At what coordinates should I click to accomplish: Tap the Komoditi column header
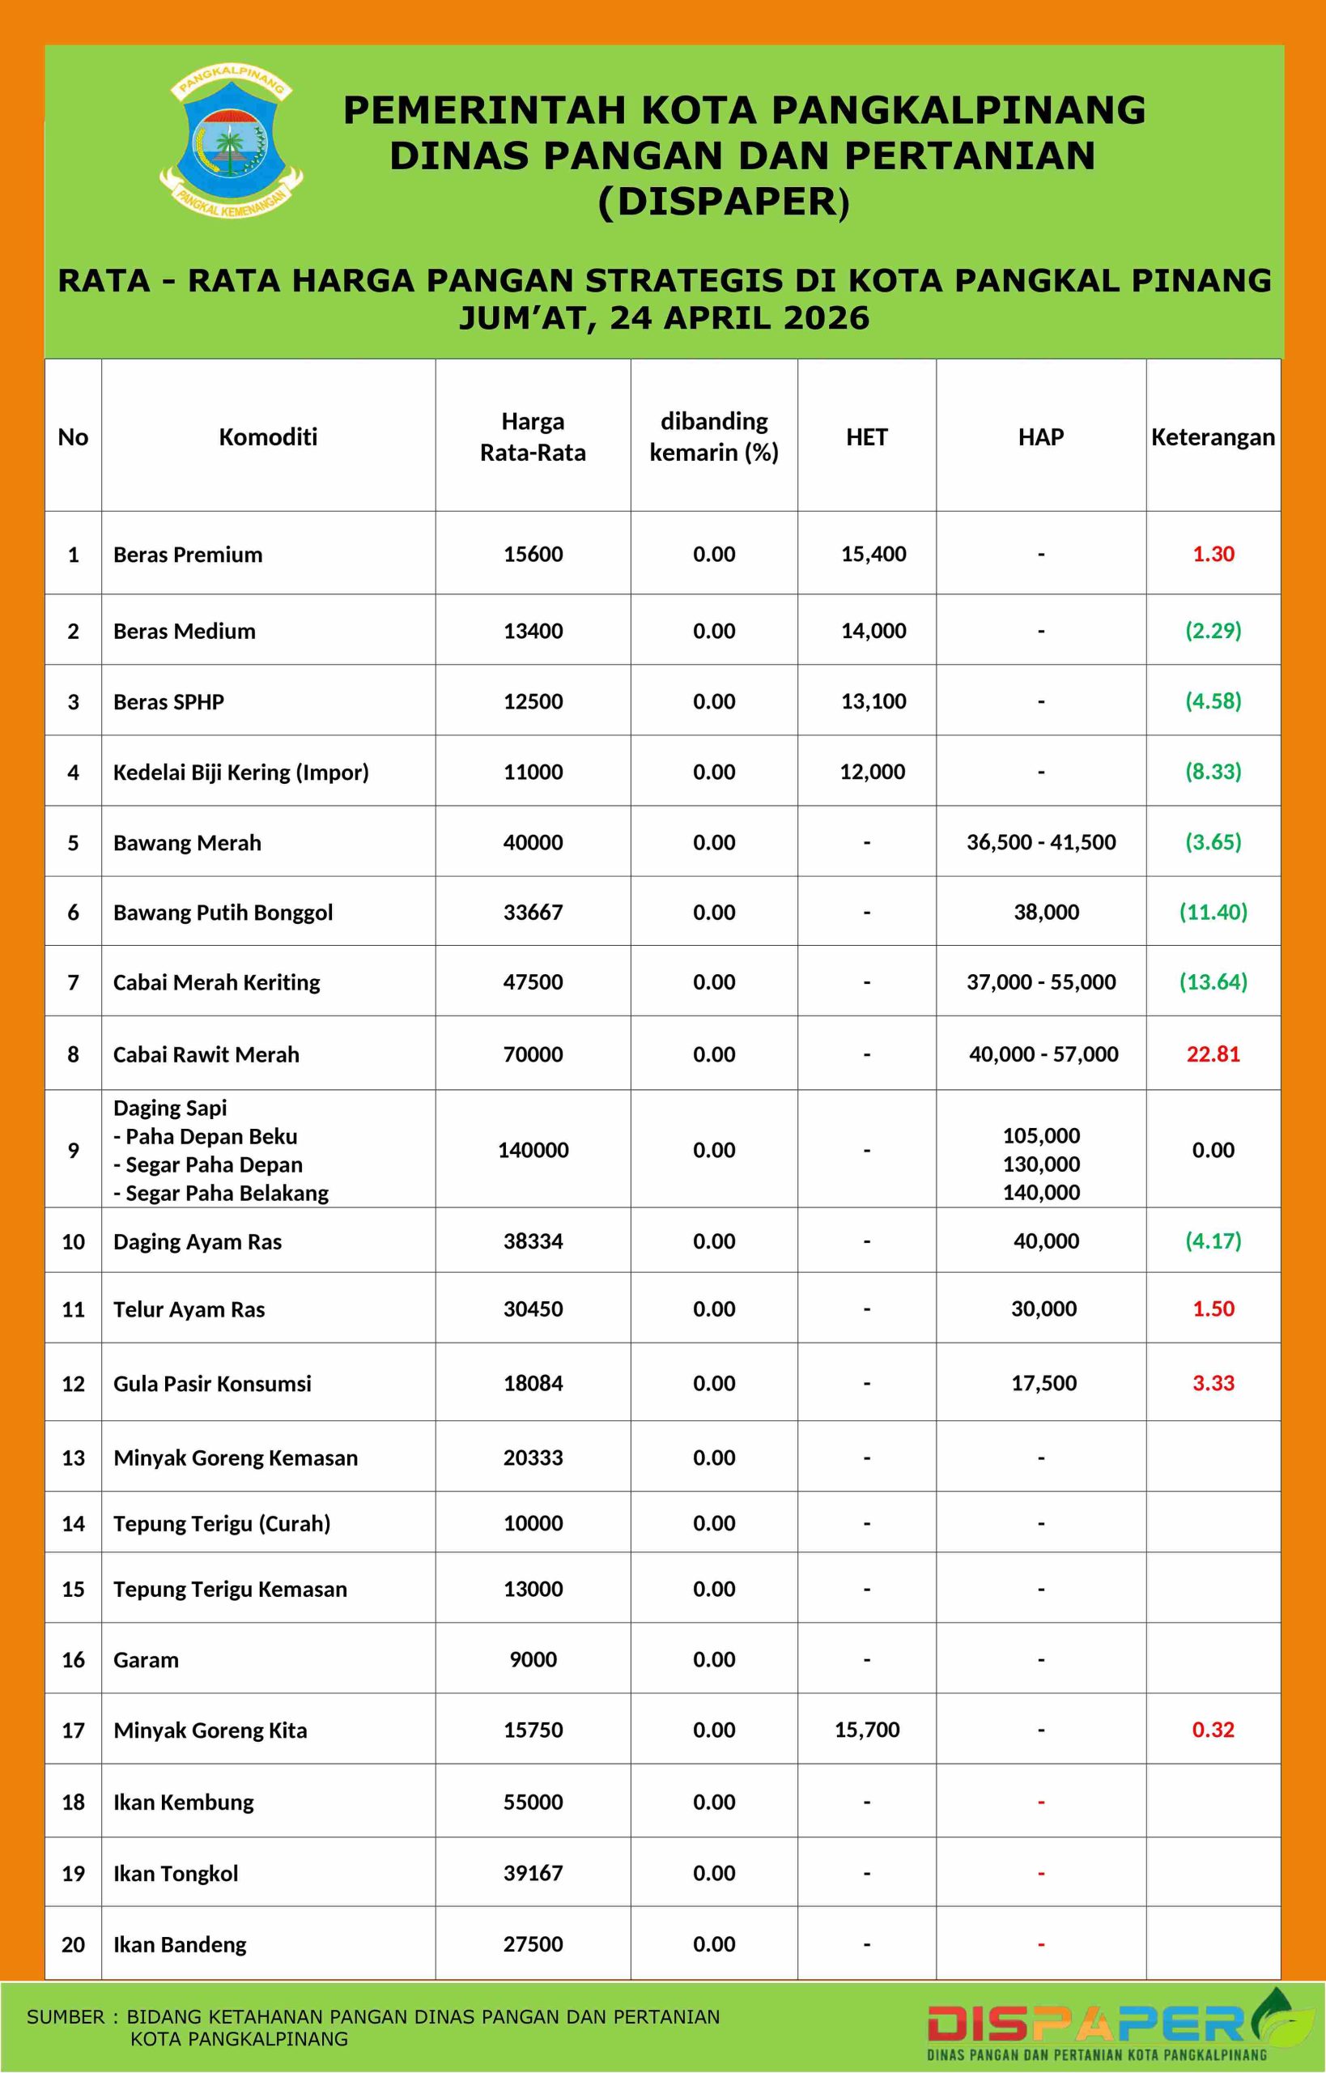[x=268, y=436]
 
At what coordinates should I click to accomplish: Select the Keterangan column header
[x=1213, y=436]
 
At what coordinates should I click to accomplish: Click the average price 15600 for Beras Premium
[x=533, y=554]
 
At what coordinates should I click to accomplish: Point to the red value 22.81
[x=1213, y=1054]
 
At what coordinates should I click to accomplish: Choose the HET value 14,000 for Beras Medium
[x=873, y=631]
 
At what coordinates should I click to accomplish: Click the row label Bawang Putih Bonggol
[x=223, y=912]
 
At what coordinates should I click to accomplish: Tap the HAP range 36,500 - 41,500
[x=1041, y=841]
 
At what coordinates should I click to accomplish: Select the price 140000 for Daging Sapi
[x=533, y=1150]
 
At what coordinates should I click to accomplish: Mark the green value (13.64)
[x=1213, y=981]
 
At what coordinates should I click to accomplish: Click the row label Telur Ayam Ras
[x=189, y=1309]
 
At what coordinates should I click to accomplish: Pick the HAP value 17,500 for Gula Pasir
[x=1043, y=1383]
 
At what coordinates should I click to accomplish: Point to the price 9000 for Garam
[x=533, y=1659]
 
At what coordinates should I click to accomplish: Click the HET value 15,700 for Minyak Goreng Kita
[x=867, y=1730]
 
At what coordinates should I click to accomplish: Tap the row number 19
[x=73, y=1873]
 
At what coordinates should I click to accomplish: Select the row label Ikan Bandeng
[x=180, y=1943]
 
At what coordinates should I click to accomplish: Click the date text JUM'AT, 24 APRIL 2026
[x=664, y=317]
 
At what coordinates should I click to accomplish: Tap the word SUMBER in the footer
[x=66, y=2017]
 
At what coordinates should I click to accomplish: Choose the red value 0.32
[x=1213, y=1730]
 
